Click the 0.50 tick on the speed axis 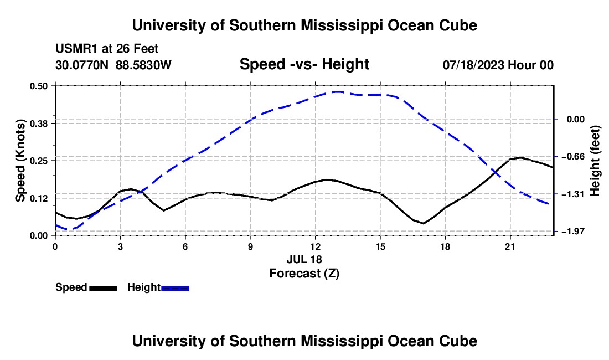[38, 86]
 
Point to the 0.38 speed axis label [38, 124]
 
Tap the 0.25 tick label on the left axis [38, 161]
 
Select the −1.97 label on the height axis [573, 232]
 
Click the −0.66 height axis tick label [573, 157]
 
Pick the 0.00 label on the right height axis [576, 119]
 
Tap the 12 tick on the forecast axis [316, 246]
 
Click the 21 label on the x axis [510, 246]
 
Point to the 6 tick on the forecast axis [185, 246]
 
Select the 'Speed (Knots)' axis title [20, 161]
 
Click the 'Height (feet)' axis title [595, 161]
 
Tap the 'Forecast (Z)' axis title [304, 274]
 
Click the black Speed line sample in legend [104, 288]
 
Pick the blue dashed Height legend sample [175, 288]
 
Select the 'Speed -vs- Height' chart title [304, 64]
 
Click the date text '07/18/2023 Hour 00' [498, 65]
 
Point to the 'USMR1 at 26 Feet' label [107, 49]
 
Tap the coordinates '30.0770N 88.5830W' [113, 65]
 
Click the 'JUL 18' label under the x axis [304, 259]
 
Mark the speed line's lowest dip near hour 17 [424, 223]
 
